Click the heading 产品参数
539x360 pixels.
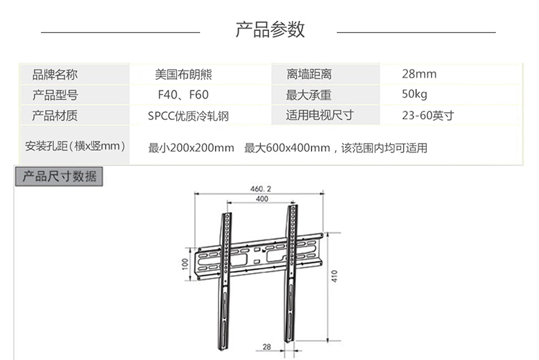pyautogui.click(x=270, y=30)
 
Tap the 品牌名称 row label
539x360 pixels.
pyautogui.click(x=55, y=75)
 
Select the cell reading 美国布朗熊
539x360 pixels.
pyautogui.click(x=183, y=75)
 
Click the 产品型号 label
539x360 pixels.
pyautogui.click(x=55, y=95)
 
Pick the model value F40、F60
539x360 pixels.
pyautogui.click(x=183, y=95)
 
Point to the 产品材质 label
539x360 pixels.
pyautogui.click(x=55, y=116)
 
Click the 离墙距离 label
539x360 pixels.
pyautogui.click(x=309, y=75)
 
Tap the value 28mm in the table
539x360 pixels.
pyautogui.click(x=419, y=75)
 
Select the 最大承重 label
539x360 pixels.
pyautogui.click(x=309, y=95)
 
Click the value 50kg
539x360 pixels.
pyautogui.click(x=415, y=95)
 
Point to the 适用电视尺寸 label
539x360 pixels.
pyautogui.click(x=320, y=116)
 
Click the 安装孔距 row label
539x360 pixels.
pyautogui.click(x=75, y=147)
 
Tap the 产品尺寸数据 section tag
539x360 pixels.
pyautogui.click(x=60, y=177)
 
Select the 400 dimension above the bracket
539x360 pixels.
pyautogui.click(x=262, y=199)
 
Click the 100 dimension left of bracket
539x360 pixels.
pyautogui.click(x=185, y=264)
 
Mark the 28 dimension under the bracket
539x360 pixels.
pyautogui.click(x=267, y=347)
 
